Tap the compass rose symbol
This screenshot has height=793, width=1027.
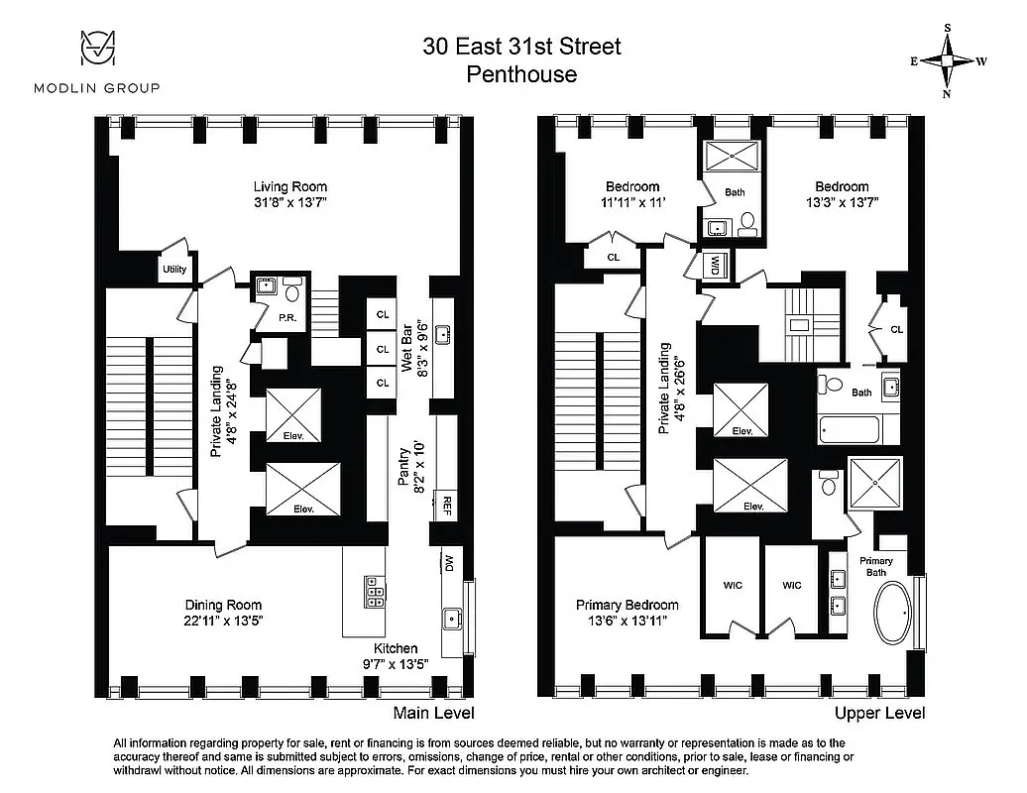(948, 60)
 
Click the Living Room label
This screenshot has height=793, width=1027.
(289, 186)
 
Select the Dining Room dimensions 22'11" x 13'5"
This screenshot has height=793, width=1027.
(224, 622)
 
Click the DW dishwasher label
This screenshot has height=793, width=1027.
(448, 563)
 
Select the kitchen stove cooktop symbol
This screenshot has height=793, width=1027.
(376, 591)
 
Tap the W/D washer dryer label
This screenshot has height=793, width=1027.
(715, 265)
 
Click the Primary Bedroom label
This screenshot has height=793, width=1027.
(628, 605)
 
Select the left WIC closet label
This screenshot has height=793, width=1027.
(733, 586)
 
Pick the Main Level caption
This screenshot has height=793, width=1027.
(433, 713)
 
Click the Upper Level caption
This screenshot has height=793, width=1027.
(879, 713)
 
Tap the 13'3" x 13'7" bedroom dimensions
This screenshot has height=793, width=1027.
(842, 202)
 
